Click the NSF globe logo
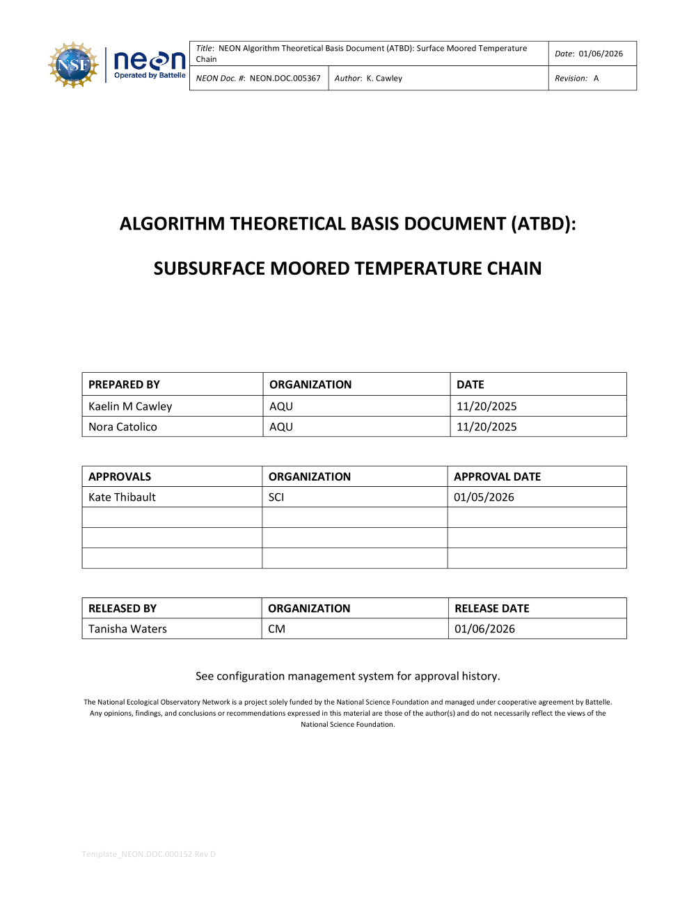point(73,65)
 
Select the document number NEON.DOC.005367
point(285,79)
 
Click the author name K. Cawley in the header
point(384,79)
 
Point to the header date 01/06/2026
point(601,54)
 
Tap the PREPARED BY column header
point(124,385)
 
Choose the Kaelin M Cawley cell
point(130,406)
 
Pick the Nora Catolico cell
point(122,427)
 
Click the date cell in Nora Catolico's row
point(487,427)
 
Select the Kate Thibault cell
point(122,497)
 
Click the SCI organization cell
point(276,497)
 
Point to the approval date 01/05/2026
point(484,497)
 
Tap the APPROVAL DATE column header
point(497,476)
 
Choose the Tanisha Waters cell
point(127,629)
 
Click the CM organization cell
point(276,629)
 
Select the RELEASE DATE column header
point(491,609)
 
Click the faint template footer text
point(149,854)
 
